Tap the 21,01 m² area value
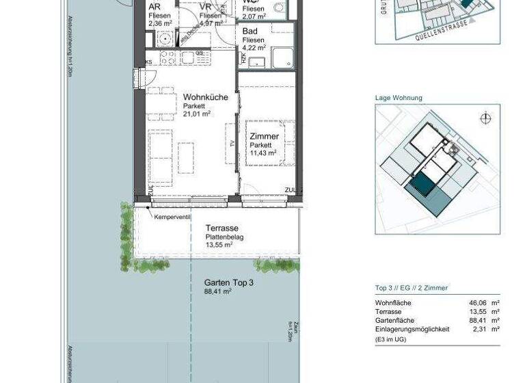[198, 114]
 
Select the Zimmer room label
[263, 137]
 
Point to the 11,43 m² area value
[262, 153]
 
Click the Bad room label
[250, 31]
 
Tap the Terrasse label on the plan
[221, 228]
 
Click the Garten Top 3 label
[229, 282]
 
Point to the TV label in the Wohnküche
[232, 143]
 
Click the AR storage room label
[154, 7]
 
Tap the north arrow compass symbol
[485, 118]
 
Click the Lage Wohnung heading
[399, 98]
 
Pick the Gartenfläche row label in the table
[394, 320]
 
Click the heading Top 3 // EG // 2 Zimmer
[412, 288]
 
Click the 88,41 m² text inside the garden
[218, 291]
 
